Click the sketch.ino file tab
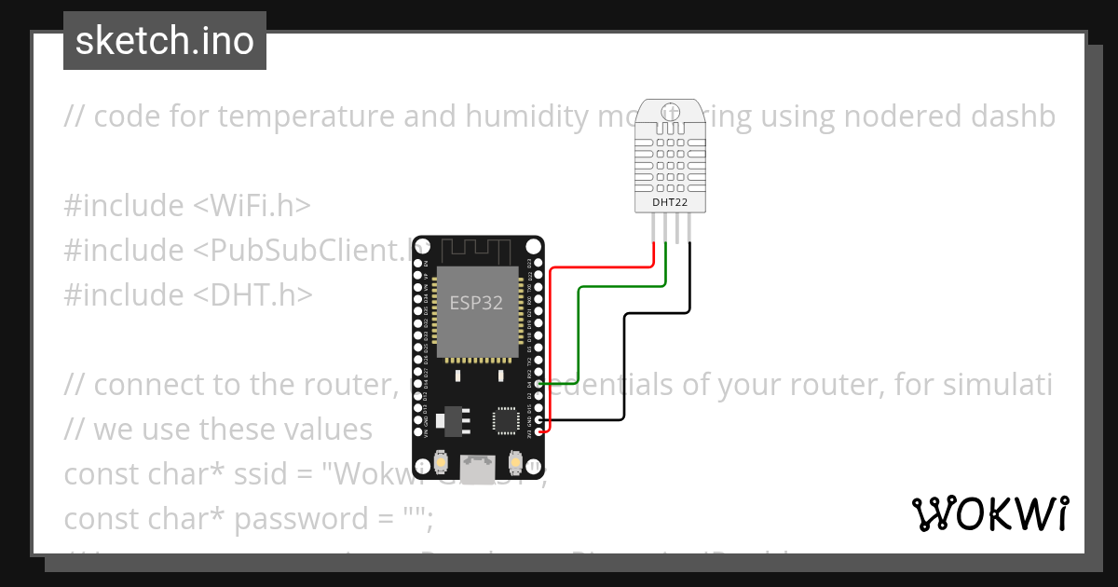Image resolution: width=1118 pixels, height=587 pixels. [x=165, y=41]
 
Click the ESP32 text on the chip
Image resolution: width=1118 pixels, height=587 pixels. [x=477, y=303]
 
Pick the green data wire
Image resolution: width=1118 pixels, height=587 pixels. [x=615, y=288]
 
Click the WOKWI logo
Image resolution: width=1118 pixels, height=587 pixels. [x=989, y=514]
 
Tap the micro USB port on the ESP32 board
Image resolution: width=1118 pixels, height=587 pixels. [x=479, y=468]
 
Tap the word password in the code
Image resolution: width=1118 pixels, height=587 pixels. [x=300, y=519]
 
